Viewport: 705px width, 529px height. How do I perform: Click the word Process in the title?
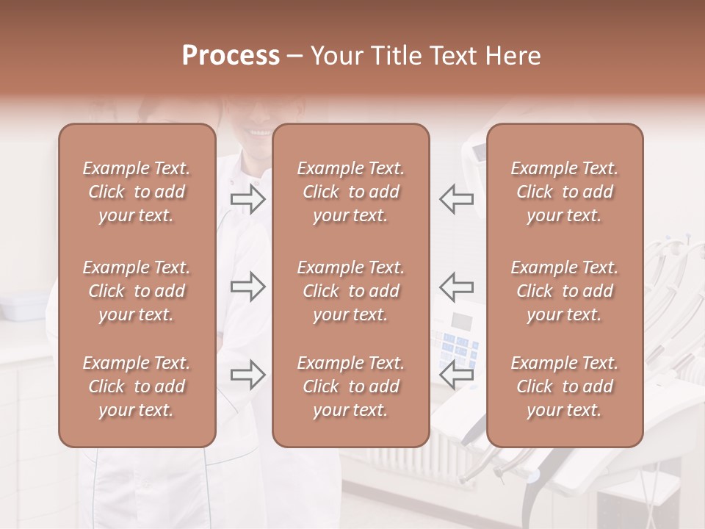point(231,56)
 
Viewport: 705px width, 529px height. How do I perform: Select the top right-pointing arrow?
point(248,199)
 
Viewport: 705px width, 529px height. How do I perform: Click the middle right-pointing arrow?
point(248,287)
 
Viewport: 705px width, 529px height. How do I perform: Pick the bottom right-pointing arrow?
point(248,375)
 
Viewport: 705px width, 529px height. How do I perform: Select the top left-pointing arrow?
point(457,199)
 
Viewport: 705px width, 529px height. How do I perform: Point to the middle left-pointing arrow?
point(457,287)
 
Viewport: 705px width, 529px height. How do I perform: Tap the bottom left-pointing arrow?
point(457,375)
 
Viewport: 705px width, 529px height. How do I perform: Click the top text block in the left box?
point(137,192)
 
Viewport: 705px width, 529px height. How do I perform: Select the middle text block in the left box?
point(137,291)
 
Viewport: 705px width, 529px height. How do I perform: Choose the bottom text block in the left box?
point(137,386)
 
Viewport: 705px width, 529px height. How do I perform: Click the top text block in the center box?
point(351,192)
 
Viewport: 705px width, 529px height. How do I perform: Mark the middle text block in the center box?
point(351,291)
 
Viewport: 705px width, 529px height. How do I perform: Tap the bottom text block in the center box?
point(351,386)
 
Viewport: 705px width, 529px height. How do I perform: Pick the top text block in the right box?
point(565,192)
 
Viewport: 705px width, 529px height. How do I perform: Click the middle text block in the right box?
point(565,291)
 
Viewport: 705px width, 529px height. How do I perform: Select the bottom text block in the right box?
point(565,386)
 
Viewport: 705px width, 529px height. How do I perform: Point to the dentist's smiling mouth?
point(260,133)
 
